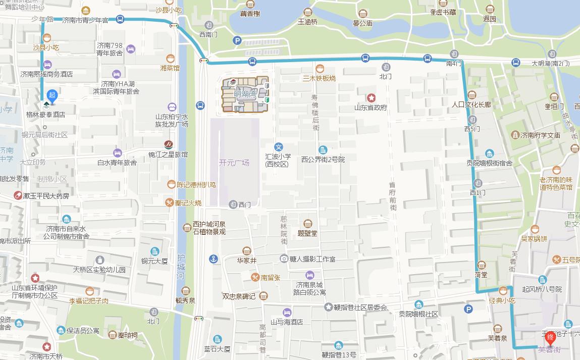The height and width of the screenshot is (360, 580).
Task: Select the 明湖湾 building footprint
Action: tap(245, 94)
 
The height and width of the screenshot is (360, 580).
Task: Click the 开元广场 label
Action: tap(234, 163)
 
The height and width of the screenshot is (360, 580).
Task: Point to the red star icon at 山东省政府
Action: tap(372, 97)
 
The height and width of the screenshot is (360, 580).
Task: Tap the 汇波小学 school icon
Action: tap(278, 147)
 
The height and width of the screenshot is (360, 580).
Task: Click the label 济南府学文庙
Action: tap(541, 135)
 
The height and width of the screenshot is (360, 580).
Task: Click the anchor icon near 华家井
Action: tap(214, 259)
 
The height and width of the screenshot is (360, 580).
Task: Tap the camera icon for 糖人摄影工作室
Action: tap(284, 259)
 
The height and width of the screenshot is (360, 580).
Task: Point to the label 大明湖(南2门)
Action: tap(550, 64)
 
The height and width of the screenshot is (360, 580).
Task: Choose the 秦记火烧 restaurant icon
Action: tap(169, 202)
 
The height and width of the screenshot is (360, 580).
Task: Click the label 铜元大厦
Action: tap(154, 261)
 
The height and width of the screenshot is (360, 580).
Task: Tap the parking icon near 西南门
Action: tap(237, 40)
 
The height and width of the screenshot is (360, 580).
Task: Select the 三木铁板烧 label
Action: tap(319, 78)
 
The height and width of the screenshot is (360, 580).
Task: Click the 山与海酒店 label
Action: tap(286, 322)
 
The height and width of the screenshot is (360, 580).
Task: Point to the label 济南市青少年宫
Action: tap(85, 20)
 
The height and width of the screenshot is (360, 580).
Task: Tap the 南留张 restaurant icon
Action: tap(256, 277)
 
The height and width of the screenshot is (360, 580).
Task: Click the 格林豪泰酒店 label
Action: tap(45, 115)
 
